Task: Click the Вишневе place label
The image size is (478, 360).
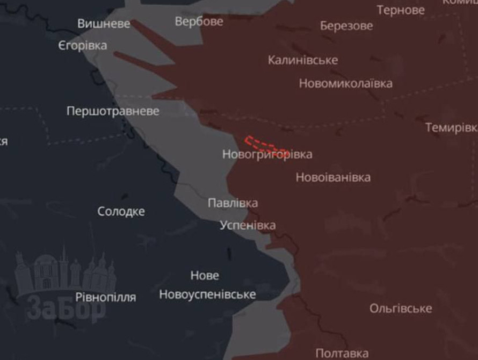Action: pos(104,24)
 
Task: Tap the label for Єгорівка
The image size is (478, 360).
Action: pos(83,46)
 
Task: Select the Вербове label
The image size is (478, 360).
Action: pos(199,21)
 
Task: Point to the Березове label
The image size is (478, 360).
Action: pos(346,26)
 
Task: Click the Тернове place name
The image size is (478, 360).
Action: pos(401,10)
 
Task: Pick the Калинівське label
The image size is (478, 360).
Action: pos(303,60)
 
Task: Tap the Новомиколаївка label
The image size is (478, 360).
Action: pos(345,83)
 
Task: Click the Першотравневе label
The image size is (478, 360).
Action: pos(113,111)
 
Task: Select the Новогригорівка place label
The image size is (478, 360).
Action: pos(267,154)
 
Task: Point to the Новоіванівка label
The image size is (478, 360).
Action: pos(333,177)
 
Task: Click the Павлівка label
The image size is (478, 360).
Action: pos(233,203)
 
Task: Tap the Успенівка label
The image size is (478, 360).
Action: pos(248,225)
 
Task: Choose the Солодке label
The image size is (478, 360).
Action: pos(121,211)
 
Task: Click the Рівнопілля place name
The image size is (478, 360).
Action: pos(105,297)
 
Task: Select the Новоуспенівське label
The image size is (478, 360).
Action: pos(207,294)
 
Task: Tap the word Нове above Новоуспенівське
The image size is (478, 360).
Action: pos(205,276)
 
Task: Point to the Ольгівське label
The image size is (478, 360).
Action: pos(401,308)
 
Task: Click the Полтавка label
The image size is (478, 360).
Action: pos(342,353)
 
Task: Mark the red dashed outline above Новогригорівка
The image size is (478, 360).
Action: pos(266,143)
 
